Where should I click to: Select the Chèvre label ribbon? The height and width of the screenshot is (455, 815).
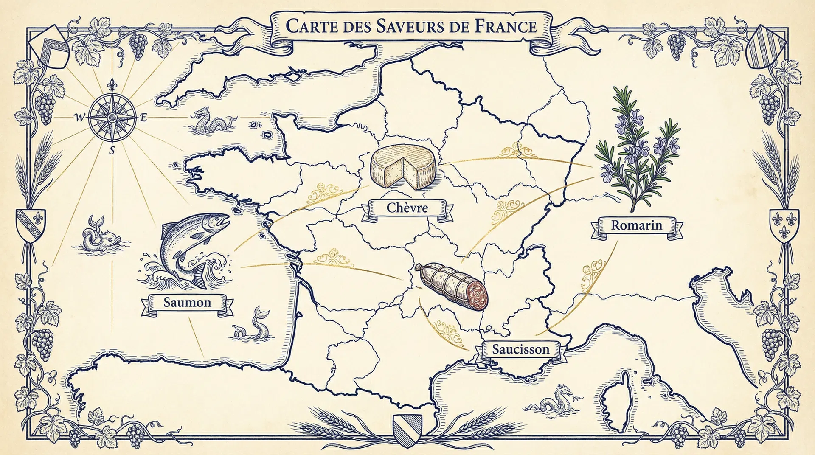tap(407, 208)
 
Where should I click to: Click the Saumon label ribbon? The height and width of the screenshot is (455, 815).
tap(187, 303)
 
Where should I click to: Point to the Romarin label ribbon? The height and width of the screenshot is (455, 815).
tap(636, 225)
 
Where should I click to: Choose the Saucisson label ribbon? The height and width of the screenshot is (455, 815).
tap(520, 350)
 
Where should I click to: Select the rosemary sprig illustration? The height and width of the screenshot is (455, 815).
tap(637, 149)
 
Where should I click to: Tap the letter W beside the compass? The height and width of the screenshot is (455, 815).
tap(79, 118)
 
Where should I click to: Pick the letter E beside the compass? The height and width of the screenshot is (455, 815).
tap(143, 118)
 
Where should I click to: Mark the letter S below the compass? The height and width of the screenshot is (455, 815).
tap(112, 150)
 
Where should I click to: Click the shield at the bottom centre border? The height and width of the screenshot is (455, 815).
tap(407, 430)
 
